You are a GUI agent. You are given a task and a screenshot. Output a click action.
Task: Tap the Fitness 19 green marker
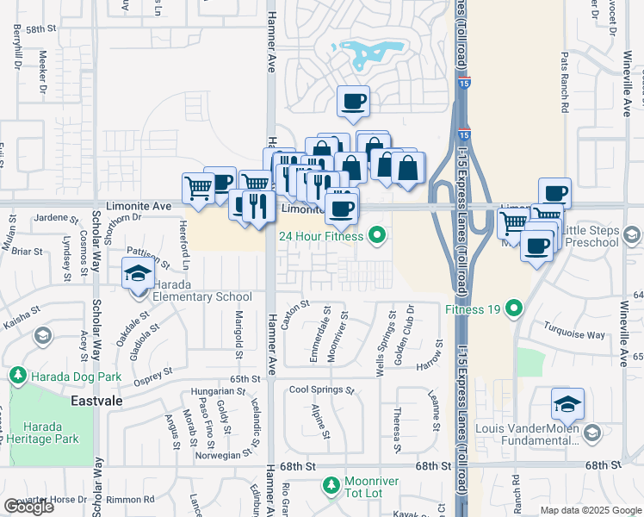tap(514, 308)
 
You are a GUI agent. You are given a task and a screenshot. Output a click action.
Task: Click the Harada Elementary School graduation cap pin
tap(136, 274)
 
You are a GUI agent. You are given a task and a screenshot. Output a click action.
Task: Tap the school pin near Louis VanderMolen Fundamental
tap(567, 403)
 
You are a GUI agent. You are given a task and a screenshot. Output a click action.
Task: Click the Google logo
tap(28, 507)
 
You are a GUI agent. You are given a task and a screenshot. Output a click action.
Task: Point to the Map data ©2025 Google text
tap(590, 510)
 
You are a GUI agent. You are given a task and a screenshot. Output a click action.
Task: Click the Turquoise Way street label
tap(574, 333)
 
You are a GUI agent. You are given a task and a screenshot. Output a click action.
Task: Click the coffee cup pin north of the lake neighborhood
tap(353, 102)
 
